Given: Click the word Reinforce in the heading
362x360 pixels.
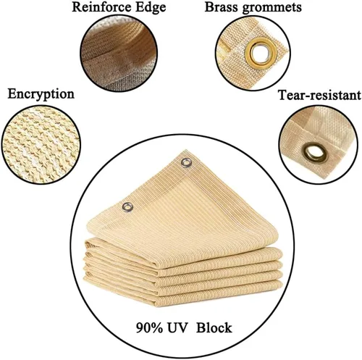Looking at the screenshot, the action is click(102, 7).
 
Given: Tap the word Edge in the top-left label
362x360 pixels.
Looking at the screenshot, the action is click(151, 8).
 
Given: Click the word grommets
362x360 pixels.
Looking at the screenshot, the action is click(271, 8).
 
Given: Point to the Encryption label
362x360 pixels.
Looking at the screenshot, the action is click(41, 94).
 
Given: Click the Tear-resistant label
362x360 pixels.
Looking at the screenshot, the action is click(319, 95).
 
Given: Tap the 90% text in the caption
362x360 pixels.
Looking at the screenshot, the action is click(149, 328).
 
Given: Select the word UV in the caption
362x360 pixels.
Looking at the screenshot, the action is click(177, 328).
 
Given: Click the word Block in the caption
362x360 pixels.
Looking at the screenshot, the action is click(214, 328).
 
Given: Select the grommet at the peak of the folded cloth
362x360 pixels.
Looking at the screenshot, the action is click(186, 163).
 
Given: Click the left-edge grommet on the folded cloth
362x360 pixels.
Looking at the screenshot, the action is click(127, 207).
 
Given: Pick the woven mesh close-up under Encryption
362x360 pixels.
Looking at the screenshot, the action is click(41, 145).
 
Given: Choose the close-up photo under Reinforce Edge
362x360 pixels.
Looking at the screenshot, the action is click(119, 53).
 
